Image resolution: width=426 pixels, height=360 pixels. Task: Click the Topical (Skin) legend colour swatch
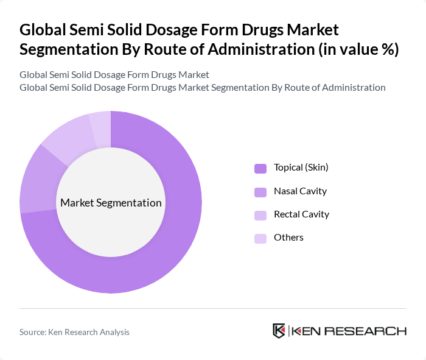(x=260, y=168)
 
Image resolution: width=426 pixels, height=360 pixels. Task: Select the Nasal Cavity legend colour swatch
(x=260, y=191)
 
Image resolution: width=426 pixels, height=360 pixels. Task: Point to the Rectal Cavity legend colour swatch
(x=260, y=214)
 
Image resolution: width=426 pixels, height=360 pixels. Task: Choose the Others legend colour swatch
(x=260, y=238)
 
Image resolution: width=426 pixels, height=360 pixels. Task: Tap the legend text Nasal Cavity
(x=300, y=191)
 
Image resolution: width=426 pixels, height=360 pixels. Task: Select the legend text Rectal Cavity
(x=301, y=214)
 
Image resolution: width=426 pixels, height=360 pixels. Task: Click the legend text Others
(x=288, y=237)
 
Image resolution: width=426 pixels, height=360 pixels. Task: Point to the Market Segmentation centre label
(x=111, y=203)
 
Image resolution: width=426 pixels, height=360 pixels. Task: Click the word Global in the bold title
(x=44, y=30)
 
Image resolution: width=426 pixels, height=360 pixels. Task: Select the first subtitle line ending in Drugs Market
(x=114, y=74)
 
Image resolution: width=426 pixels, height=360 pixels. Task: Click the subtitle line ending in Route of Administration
(x=202, y=87)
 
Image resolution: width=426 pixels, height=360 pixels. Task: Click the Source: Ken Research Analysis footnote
(x=74, y=332)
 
